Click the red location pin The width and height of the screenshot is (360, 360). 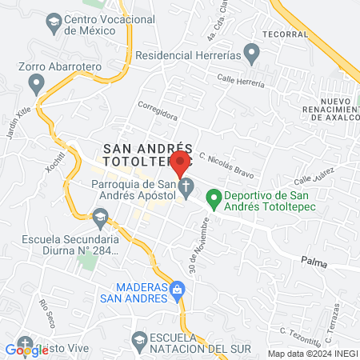(x=181, y=163)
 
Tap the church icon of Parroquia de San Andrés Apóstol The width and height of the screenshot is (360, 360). (x=186, y=190)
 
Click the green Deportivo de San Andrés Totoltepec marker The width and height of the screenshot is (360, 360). (x=214, y=196)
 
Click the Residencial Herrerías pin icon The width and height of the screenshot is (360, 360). (x=251, y=55)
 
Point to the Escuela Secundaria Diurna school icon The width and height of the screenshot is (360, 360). (x=100, y=217)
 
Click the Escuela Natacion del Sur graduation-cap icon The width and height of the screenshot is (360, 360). (x=140, y=339)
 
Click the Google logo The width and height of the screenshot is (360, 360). (x=26, y=349)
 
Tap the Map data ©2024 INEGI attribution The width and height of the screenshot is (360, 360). (x=311, y=353)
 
